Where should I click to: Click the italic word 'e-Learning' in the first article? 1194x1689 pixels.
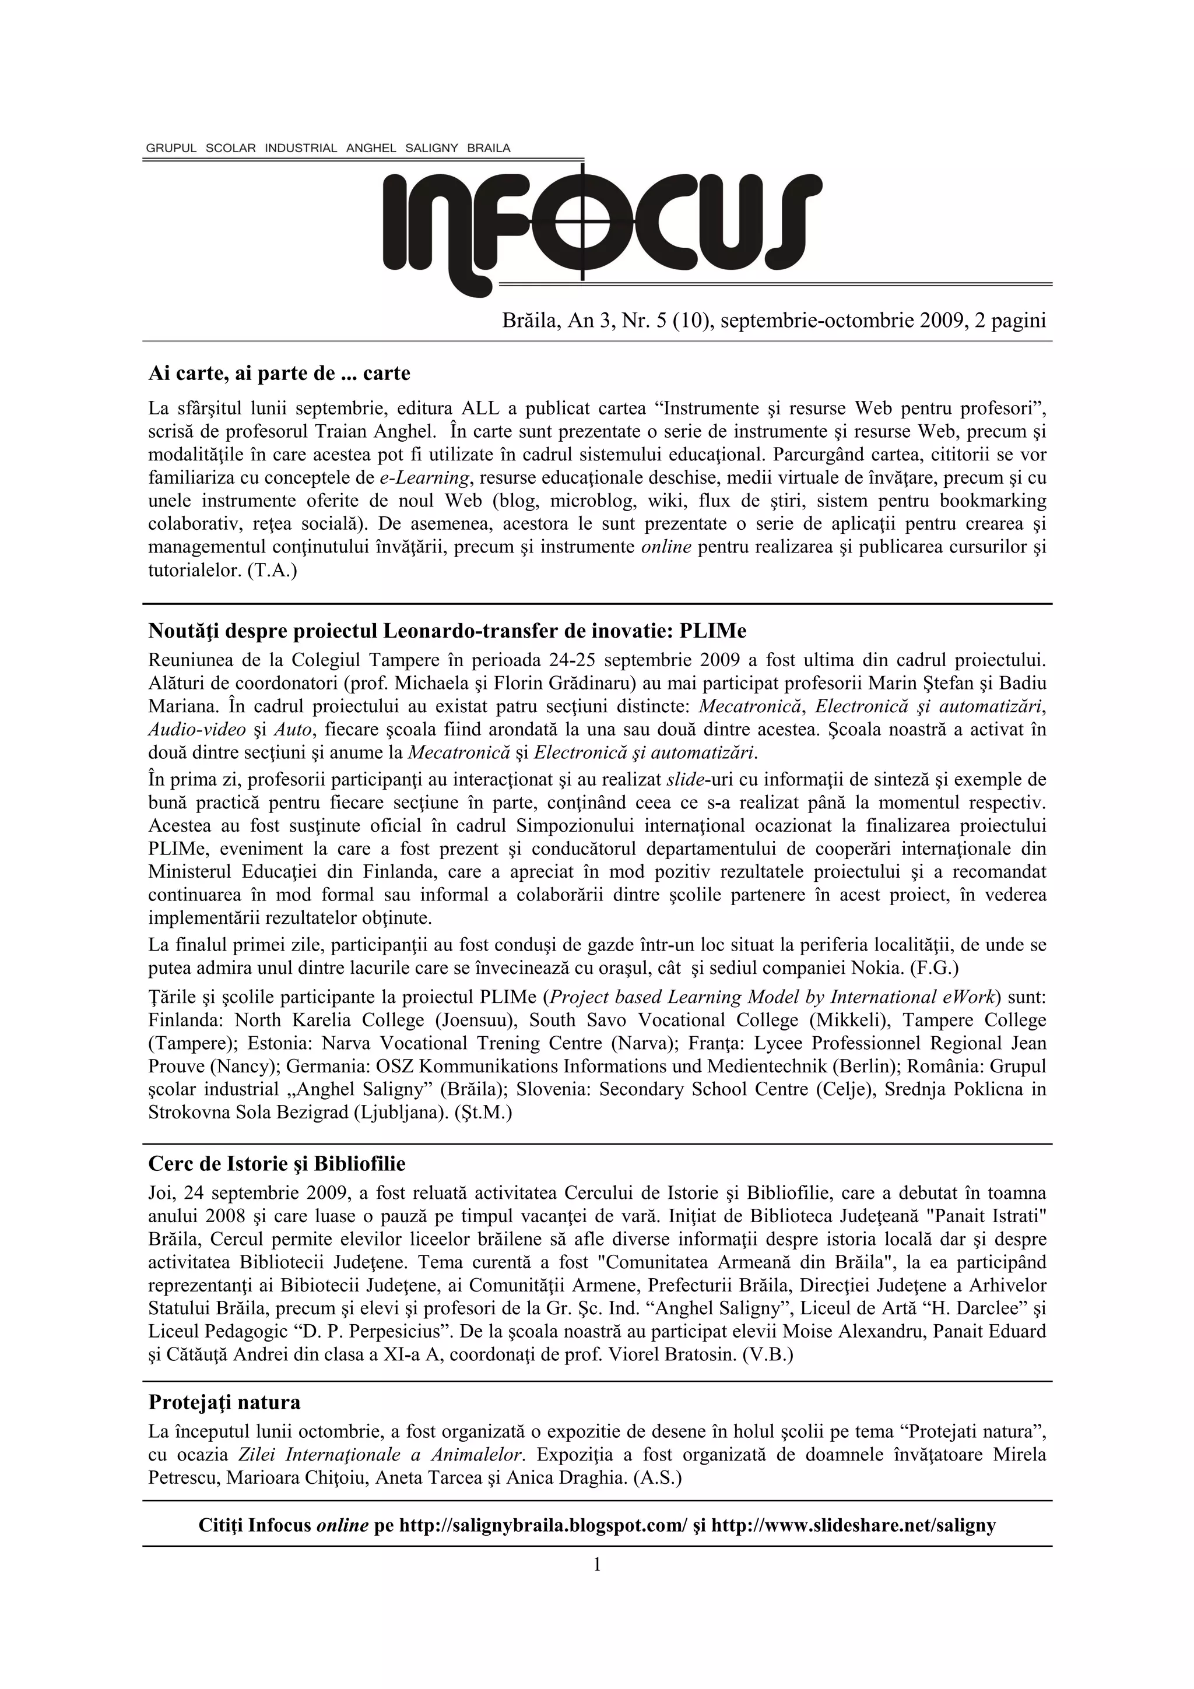tap(424, 478)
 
